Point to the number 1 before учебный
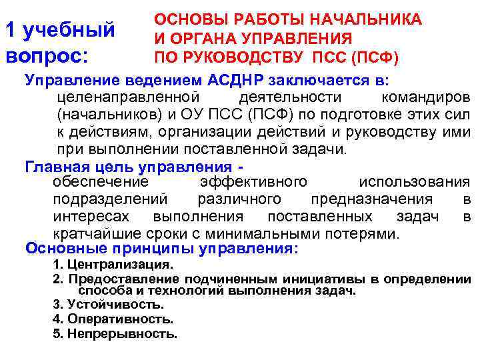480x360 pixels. pos(10,30)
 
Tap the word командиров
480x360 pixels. pos(429,98)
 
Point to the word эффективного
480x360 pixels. pos(253,182)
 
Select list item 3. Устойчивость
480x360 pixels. pos(107,305)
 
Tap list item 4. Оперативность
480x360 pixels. pos(112,319)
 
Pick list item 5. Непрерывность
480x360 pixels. pos(115,334)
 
